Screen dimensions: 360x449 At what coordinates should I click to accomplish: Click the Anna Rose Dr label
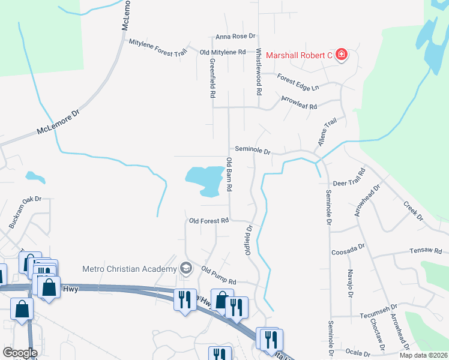236,37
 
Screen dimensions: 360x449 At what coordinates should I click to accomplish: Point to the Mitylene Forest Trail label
158,46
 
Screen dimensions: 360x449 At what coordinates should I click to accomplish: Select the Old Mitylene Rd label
223,53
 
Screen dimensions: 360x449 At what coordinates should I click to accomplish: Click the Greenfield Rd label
212,78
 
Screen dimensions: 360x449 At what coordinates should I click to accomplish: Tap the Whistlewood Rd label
259,73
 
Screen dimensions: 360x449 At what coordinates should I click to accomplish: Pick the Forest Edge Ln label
298,83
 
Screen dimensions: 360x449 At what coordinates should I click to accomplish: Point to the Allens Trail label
324,136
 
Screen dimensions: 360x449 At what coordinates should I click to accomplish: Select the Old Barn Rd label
229,175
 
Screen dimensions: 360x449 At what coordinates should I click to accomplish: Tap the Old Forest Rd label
209,221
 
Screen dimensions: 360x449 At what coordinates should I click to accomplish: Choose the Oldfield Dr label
248,240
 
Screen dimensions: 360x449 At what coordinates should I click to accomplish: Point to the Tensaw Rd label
426,250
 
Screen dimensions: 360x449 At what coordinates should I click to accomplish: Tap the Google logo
20,353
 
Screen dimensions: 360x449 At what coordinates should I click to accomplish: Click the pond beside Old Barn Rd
205,180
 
